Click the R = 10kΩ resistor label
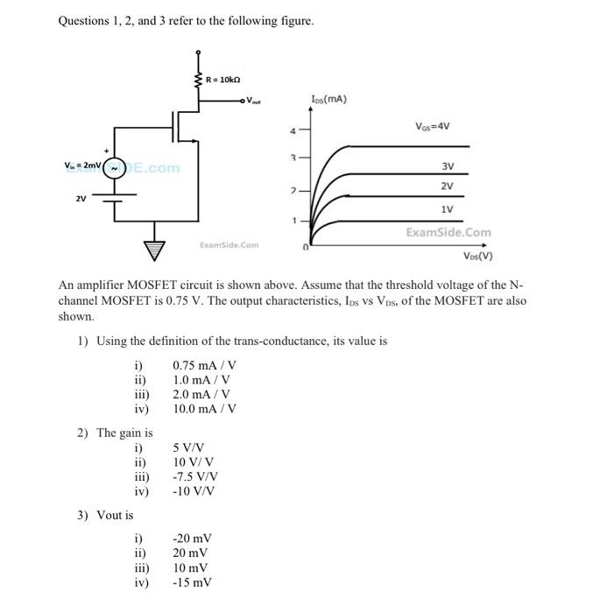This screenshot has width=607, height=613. coord(223,80)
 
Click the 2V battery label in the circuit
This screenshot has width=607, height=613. coord(81,198)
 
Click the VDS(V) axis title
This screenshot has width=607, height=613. coord(478,257)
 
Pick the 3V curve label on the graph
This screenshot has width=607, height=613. coord(447,166)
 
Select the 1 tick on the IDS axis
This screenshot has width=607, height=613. coord(294,220)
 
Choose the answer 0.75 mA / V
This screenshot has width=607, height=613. coord(205,365)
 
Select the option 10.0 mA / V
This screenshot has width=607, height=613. coord(205,408)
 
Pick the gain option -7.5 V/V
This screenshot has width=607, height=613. coord(195,476)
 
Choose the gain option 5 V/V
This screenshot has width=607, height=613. coord(192,448)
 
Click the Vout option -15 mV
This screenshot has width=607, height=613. coord(193,581)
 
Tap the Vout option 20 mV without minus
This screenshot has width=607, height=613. coord(191,553)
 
